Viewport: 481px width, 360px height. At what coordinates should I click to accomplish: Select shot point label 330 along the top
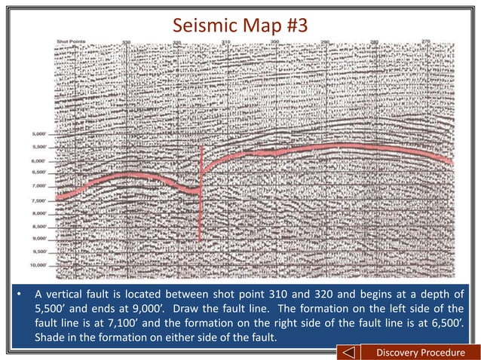coord(126,41)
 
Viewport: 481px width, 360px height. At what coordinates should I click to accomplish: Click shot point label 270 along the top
coord(425,41)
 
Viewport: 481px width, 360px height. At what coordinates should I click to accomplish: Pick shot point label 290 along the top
coord(324,41)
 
